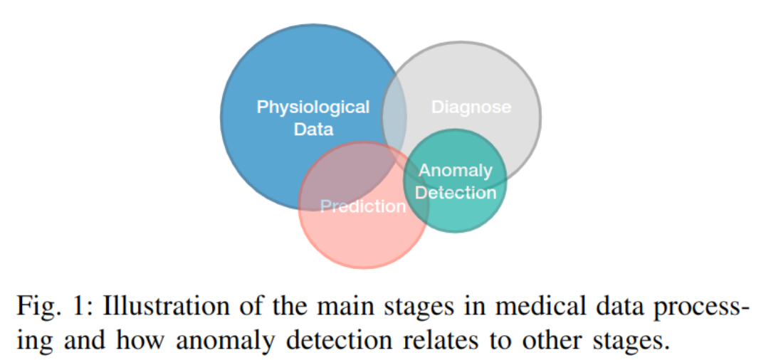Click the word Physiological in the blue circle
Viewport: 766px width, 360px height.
click(313, 107)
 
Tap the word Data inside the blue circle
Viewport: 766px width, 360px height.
click(313, 129)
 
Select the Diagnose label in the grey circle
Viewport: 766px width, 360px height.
click(471, 107)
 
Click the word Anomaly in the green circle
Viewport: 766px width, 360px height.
click(455, 171)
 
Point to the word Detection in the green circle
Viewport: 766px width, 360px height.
click(456, 192)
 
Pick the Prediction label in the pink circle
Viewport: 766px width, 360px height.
click(362, 206)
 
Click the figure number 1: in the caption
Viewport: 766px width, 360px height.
click(86, 308)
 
